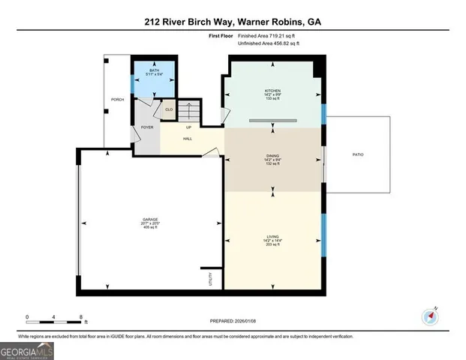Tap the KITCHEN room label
tap(272, 91)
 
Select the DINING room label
tap(272, 154)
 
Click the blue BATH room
tap(155, 79)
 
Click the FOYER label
tap(147, 127)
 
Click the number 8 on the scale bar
tap(81, 317)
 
